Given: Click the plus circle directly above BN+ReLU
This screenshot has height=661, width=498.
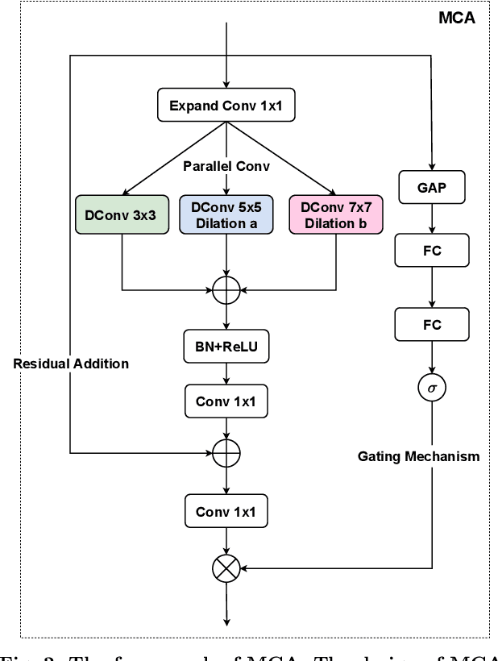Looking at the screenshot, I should [x=226, y=289].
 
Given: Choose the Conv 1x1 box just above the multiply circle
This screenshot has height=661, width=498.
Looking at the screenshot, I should [x=226, y=511].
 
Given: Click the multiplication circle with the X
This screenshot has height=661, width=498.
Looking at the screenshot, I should [x=226, y=569].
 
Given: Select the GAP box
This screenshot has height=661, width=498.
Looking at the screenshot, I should [x=433, y=188].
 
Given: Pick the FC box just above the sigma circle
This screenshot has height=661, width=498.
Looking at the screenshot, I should [x=433, y=324].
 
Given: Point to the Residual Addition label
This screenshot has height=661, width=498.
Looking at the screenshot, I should [x=71, y=364].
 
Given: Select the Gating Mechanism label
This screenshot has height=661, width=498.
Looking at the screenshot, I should [x=418, y=456].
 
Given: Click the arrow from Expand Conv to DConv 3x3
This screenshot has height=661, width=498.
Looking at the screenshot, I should [x=172, y=157].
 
